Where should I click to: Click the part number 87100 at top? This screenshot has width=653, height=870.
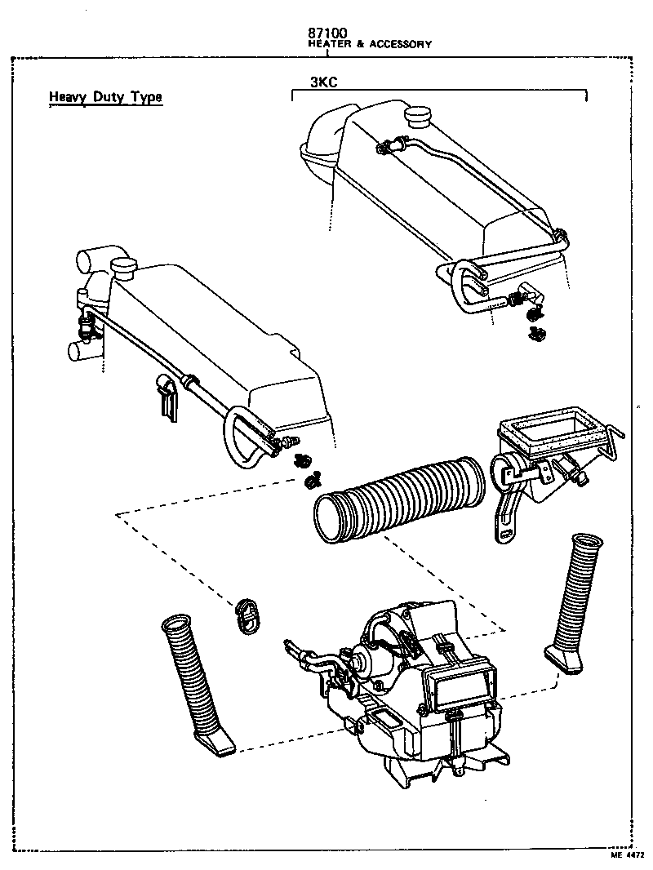coord(327,33)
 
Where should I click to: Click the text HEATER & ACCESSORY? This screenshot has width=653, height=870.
coord(369,45)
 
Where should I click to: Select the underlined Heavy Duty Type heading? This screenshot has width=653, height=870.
coord(105,97)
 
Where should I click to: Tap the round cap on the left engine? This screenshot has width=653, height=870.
coord(124,268)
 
